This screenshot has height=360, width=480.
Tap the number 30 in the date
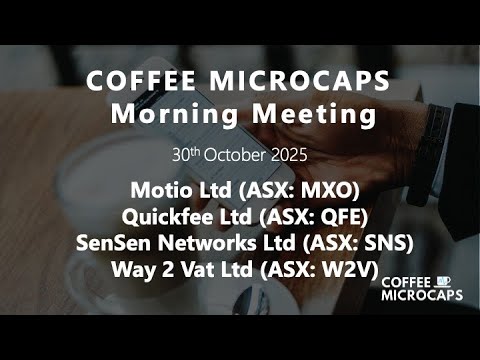coord(181,156)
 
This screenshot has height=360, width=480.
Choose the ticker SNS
coord(386,240)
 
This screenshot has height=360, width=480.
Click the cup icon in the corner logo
coord(445,282)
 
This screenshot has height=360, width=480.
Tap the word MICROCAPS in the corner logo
coord(418,297)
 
